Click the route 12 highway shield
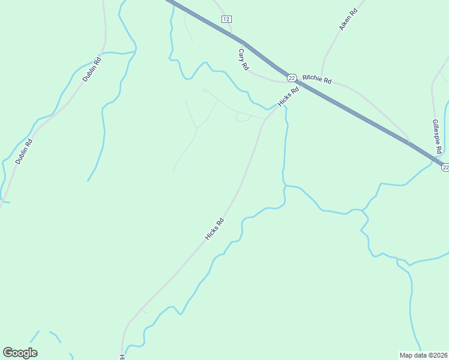(226, 19)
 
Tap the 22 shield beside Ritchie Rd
(291, 78)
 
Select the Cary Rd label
(243, 60)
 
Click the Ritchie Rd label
(317, 79)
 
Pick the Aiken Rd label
(348, 20)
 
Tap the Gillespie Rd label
(437, 136)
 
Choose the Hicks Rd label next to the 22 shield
(288, 98)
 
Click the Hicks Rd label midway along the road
(214, 229)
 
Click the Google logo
(20, 352)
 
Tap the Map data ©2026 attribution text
(423, 355)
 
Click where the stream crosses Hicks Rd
(278, 106)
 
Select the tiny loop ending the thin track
(205, 91)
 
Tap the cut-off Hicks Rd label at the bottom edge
(122, 356)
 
